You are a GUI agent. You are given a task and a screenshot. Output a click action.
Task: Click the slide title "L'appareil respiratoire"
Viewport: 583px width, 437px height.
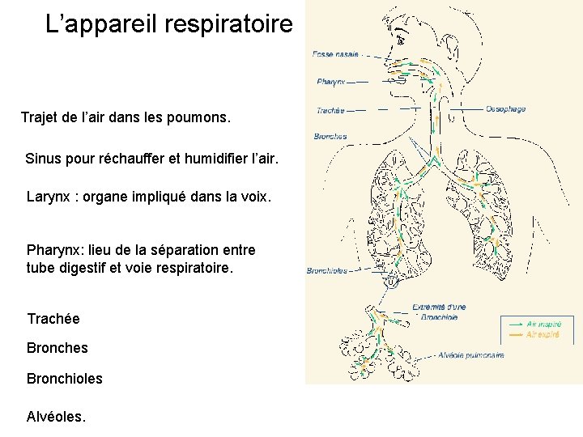[168, 24]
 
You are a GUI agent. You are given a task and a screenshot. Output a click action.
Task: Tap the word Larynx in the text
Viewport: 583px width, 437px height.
[48, 196]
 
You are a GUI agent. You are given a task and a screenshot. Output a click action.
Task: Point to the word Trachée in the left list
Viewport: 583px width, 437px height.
[53, 319]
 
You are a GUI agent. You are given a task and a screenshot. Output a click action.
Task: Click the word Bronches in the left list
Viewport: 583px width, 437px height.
[57, 348]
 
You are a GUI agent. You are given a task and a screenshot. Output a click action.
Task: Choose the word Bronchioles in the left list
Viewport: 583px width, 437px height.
[65, 378]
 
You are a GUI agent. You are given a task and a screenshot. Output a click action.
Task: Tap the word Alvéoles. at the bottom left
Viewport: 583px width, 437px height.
[56, 417]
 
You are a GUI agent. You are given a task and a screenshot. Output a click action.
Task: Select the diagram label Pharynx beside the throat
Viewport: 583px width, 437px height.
[331, 82]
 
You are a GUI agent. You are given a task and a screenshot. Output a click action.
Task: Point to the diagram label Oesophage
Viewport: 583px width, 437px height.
[506, 109]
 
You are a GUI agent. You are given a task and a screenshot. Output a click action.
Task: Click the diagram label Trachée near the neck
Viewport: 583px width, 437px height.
[330, 111]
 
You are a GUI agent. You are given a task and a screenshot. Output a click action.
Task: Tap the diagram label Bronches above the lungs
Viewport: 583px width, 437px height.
[330, 136]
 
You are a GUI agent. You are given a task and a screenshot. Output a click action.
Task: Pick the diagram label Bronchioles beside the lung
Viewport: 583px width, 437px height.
[327, 271]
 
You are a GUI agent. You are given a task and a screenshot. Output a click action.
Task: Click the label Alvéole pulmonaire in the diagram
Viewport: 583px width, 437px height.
[472, 354]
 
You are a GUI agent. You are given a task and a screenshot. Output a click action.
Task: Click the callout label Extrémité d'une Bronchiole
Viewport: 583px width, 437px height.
[439, 312]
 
